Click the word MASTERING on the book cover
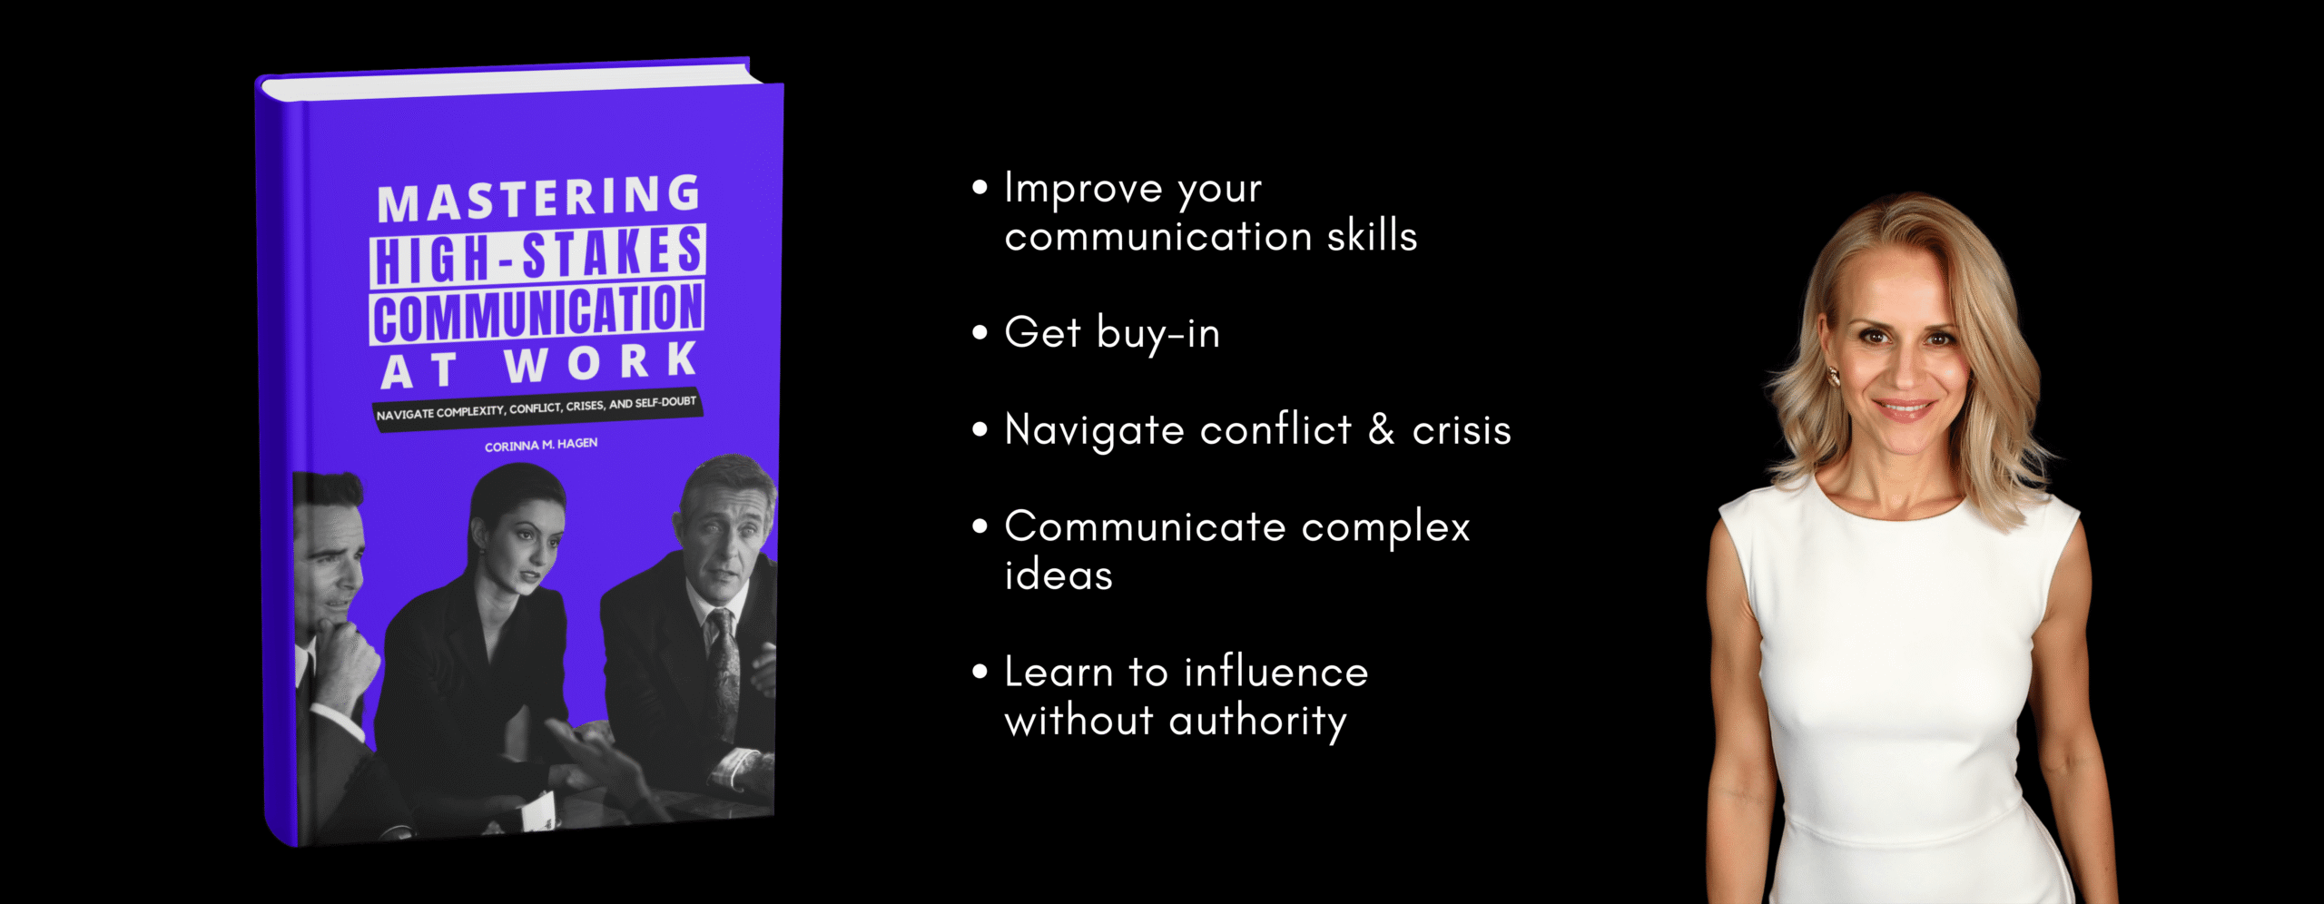(539, 198)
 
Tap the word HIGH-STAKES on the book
(538, 255)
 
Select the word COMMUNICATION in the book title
(537, 313)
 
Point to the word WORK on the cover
(601, 362)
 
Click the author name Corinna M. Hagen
(541, 445)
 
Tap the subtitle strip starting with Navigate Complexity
(537, 408)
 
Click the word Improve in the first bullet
(1083, 188)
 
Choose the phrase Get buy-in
(1112, 333)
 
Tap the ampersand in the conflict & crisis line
(1381, 429)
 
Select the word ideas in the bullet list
(1059, 575)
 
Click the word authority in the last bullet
(1257, 722)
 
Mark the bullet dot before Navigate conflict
(980, 429)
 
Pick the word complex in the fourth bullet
(1385, 528)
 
